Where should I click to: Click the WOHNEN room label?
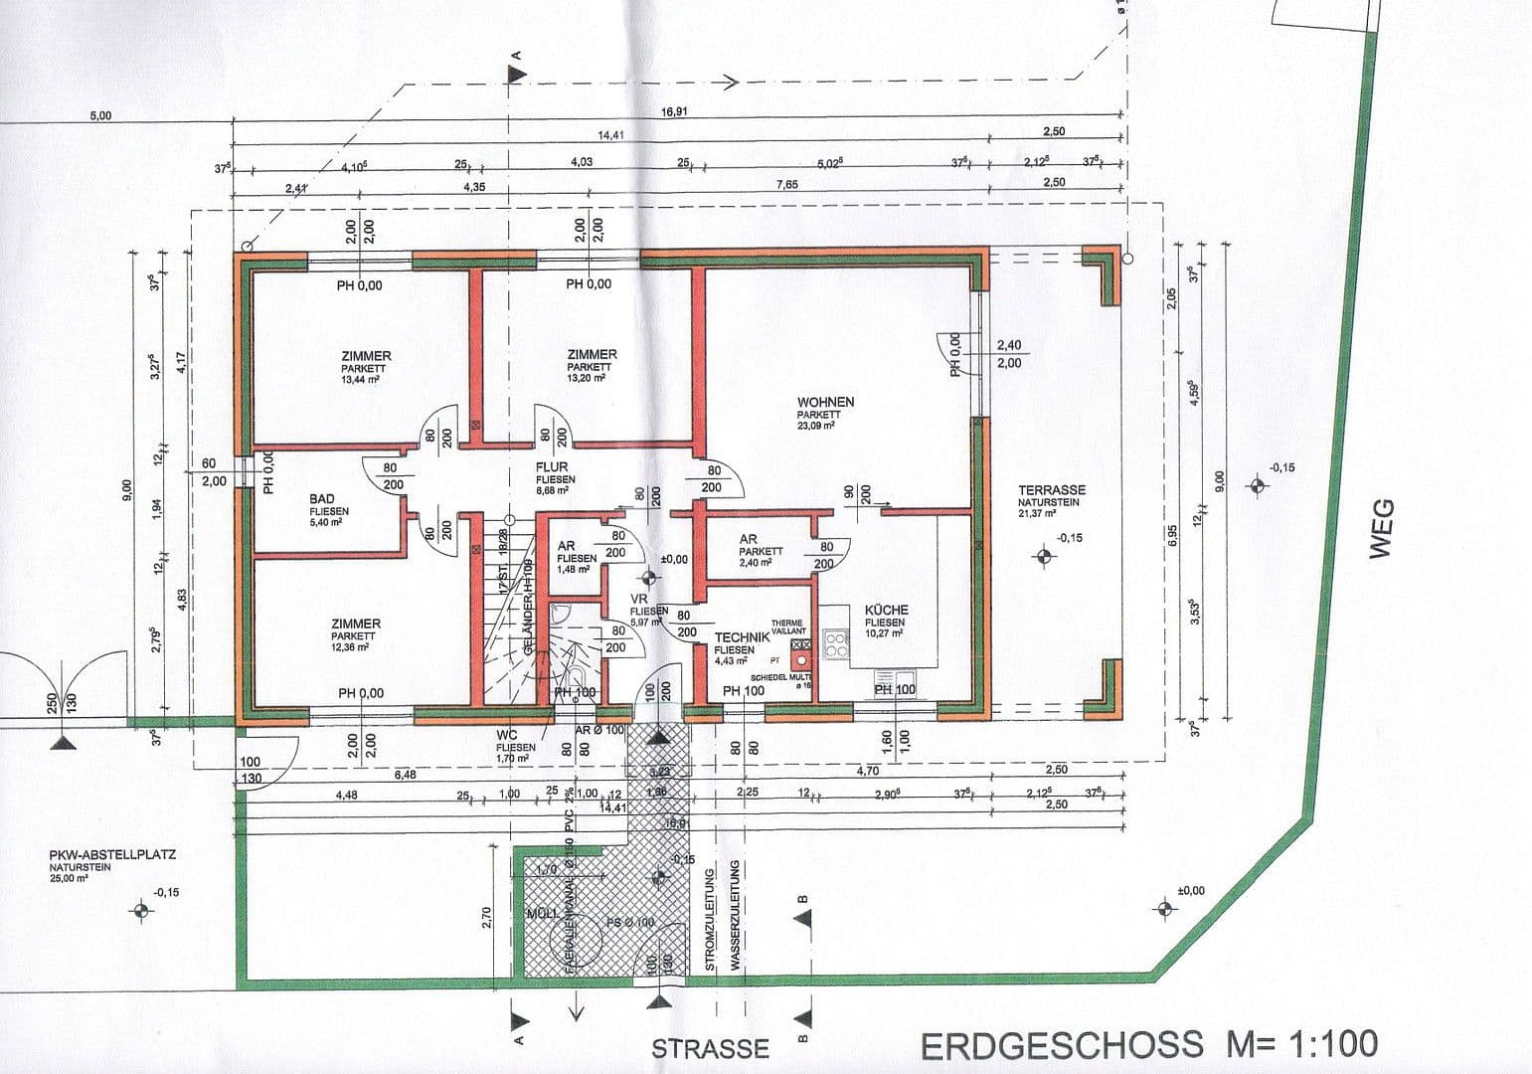825,403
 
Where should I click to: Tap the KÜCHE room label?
886,611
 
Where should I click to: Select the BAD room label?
322,499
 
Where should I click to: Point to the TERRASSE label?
1052,490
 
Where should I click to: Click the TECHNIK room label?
742,637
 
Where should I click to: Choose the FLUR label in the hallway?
552,467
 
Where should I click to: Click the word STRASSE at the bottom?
710,1048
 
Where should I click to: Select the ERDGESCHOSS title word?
1061,1045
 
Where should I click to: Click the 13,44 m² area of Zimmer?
365,379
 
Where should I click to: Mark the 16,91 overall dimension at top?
674,111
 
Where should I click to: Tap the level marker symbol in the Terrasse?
1043,556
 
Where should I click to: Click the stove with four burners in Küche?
836,644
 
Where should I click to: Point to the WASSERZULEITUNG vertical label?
735,916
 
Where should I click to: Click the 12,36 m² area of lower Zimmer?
355,646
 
